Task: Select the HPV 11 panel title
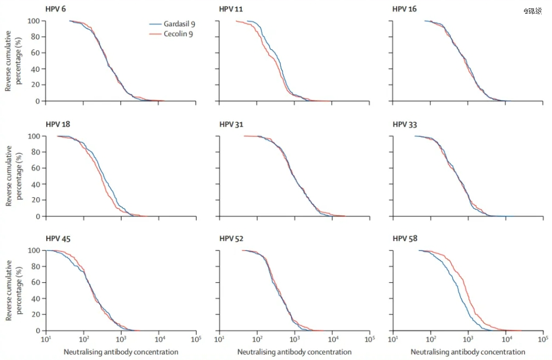(x=231, y=9)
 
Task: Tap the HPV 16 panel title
(x=404, y=9)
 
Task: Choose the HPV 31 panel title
(x=231, y=124)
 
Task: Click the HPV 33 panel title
(x=404, y=124)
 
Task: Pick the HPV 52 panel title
(x=231, y=239)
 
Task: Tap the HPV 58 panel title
(x=404, y=239)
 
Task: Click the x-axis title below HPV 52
(x=294, y=352)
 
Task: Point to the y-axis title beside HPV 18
(x=13, y=175)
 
